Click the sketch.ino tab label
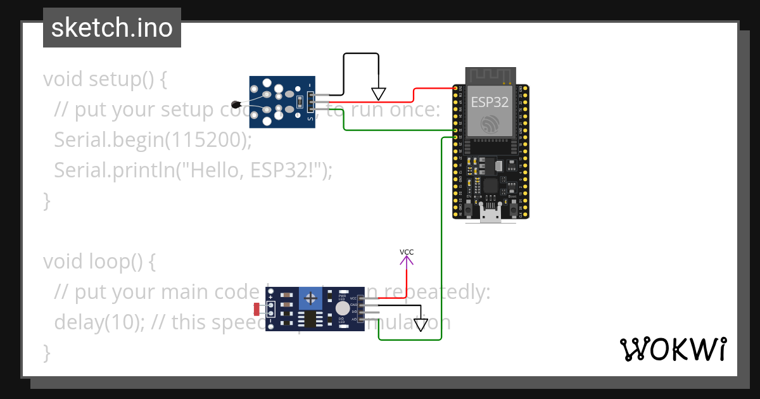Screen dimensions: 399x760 coord(111,28)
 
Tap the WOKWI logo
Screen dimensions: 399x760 coord(672,349)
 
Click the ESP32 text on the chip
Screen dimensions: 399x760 coord(490,102)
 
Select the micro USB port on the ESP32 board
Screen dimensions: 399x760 coord(490,215)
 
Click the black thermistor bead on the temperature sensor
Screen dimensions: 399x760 coord(236,104)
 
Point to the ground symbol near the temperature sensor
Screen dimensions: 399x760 coord(378,94)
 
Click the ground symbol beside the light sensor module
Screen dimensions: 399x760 coord(421,325)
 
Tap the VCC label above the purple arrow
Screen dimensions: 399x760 coord(407,252)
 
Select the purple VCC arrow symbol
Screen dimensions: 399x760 coord(407,260)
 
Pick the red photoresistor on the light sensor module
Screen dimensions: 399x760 coord(256,309)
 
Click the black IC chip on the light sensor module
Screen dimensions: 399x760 coord(309,319)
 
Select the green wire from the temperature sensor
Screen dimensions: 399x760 coord(393,130)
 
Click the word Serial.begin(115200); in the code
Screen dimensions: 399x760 coord(153,139)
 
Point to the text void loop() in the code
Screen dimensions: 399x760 coord(99,261)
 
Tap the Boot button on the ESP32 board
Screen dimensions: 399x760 coord(512,210)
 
